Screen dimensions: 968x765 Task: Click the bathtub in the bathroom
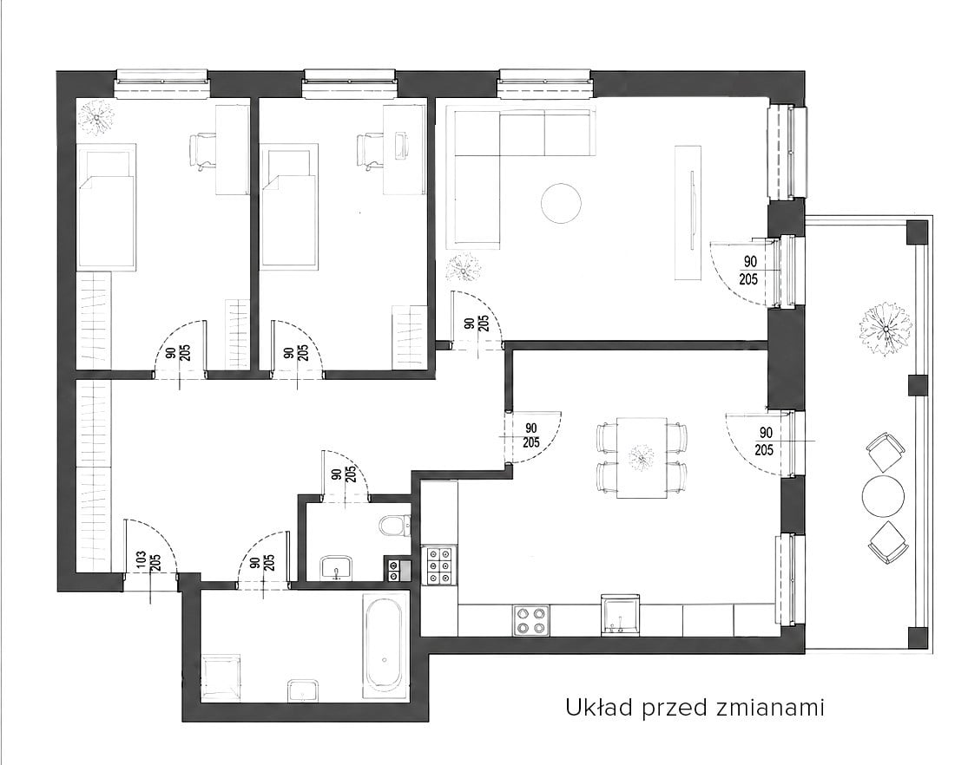coord(384,643)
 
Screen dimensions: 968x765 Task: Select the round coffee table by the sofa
coord(561,203)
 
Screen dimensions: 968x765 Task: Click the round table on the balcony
coord(883,495)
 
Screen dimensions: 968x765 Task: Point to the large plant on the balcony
coord(885,328)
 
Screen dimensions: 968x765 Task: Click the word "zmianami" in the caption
coord(771,708)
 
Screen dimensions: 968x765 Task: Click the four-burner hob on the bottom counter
coord(531,620)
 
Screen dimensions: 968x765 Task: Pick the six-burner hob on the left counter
coord(439,566)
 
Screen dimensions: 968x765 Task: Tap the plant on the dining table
coord(642,457)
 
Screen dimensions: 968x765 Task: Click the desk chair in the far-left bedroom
coord(201,151)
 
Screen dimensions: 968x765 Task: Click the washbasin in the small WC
coord(336,567)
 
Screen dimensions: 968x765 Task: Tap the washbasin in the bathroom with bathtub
coord(303,690)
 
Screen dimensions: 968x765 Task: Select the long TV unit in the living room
coord(688,212)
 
